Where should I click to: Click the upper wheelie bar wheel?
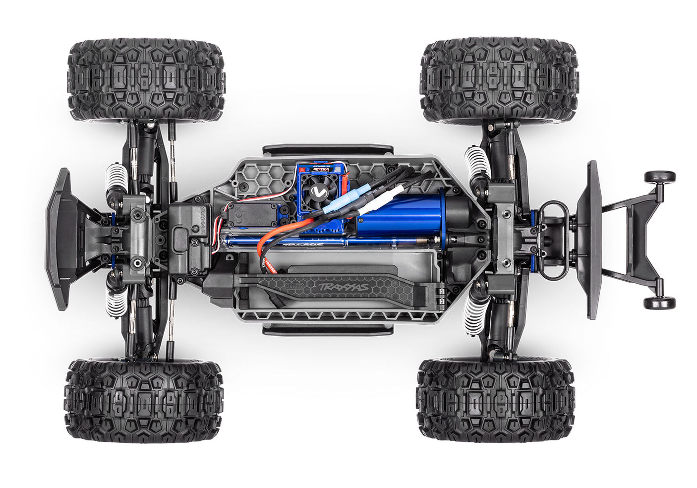[x=659, y=177]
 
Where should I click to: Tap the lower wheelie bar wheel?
[x=659, y=303]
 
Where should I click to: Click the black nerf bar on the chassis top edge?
[x=328, y=150]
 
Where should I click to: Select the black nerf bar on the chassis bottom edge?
[x=328, y=329]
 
